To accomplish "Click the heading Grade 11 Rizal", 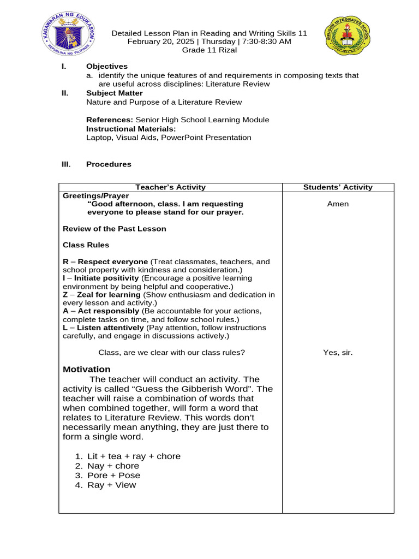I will [x=209, y=51].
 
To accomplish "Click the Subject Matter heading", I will [x=115, y=93].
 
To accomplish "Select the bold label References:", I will [x=110, y=120].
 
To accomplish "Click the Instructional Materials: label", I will [x=131, y=129].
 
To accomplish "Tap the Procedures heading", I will [x=109, y=164].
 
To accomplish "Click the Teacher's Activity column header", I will [x=170, y=187].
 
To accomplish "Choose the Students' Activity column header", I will [x=338, y=187].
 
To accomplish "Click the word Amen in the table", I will [x=338, y=204].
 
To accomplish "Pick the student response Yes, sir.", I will [x=338, y=353].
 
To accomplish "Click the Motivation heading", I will [x=87, y=370].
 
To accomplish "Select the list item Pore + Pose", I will [x=113, y=475].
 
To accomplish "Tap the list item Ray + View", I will [x=111, y=485].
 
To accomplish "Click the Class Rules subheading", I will [x=86, y=245].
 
